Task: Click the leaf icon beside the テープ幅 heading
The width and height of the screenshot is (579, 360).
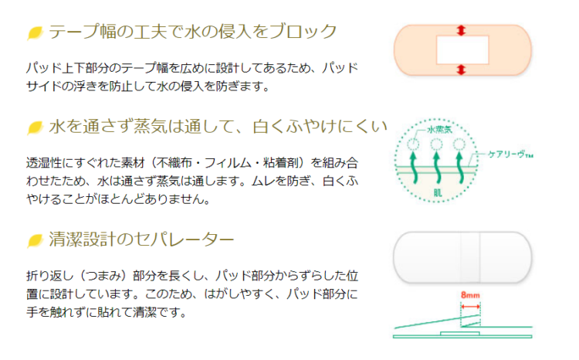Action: click(35, 32)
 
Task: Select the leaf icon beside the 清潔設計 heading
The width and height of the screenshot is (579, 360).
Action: click(35, 241)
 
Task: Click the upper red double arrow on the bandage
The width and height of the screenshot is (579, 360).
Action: click(461, 30)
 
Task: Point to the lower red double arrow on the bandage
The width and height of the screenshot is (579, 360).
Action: click(461, 70)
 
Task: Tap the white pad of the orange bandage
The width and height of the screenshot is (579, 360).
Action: click(461, 50)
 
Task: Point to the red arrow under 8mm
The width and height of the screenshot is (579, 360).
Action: click(470, 307)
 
